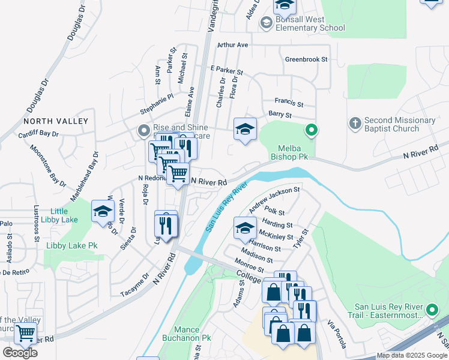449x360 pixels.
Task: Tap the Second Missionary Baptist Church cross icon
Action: pos(355,124)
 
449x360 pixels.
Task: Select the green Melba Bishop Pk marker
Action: pos(311,129)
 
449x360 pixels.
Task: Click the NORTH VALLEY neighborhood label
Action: pos(56,121)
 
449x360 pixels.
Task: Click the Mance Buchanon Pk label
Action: pos(186,334)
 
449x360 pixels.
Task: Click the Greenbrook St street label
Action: pos(306,59)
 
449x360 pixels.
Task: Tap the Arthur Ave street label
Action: pos(233,45)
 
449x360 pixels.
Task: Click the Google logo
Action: pos(20,353)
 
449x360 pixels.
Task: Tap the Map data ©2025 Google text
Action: pos(412,355)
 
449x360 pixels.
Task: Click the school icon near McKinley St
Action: pos(245,227)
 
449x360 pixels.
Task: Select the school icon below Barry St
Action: pos(245,129)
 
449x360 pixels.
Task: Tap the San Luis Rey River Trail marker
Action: pos(432,310)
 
